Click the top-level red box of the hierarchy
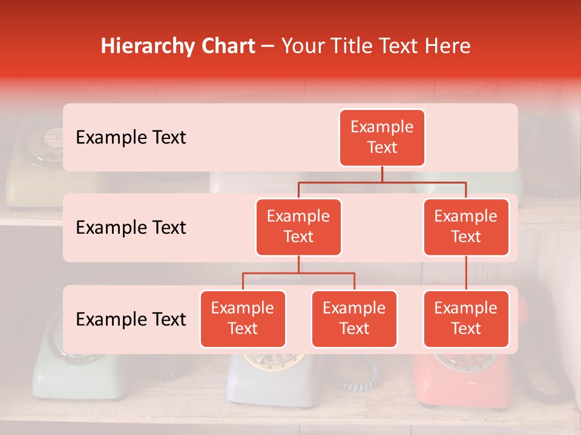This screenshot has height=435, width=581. tap(382, 138)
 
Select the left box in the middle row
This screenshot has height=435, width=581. tap(298, 227)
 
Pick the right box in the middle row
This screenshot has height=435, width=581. tap(466, 227)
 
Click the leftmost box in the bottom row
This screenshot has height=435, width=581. tap(243, 319)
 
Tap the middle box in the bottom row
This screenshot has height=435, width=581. tap(354, 319)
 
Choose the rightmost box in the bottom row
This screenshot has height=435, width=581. tap(466, 319)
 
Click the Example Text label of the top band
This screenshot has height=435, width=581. tap(131, 138)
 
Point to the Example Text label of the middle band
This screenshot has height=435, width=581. tap(131, 228)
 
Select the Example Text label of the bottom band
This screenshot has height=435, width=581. tap(131, 320)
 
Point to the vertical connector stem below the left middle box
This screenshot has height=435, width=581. tap(298, 265)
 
